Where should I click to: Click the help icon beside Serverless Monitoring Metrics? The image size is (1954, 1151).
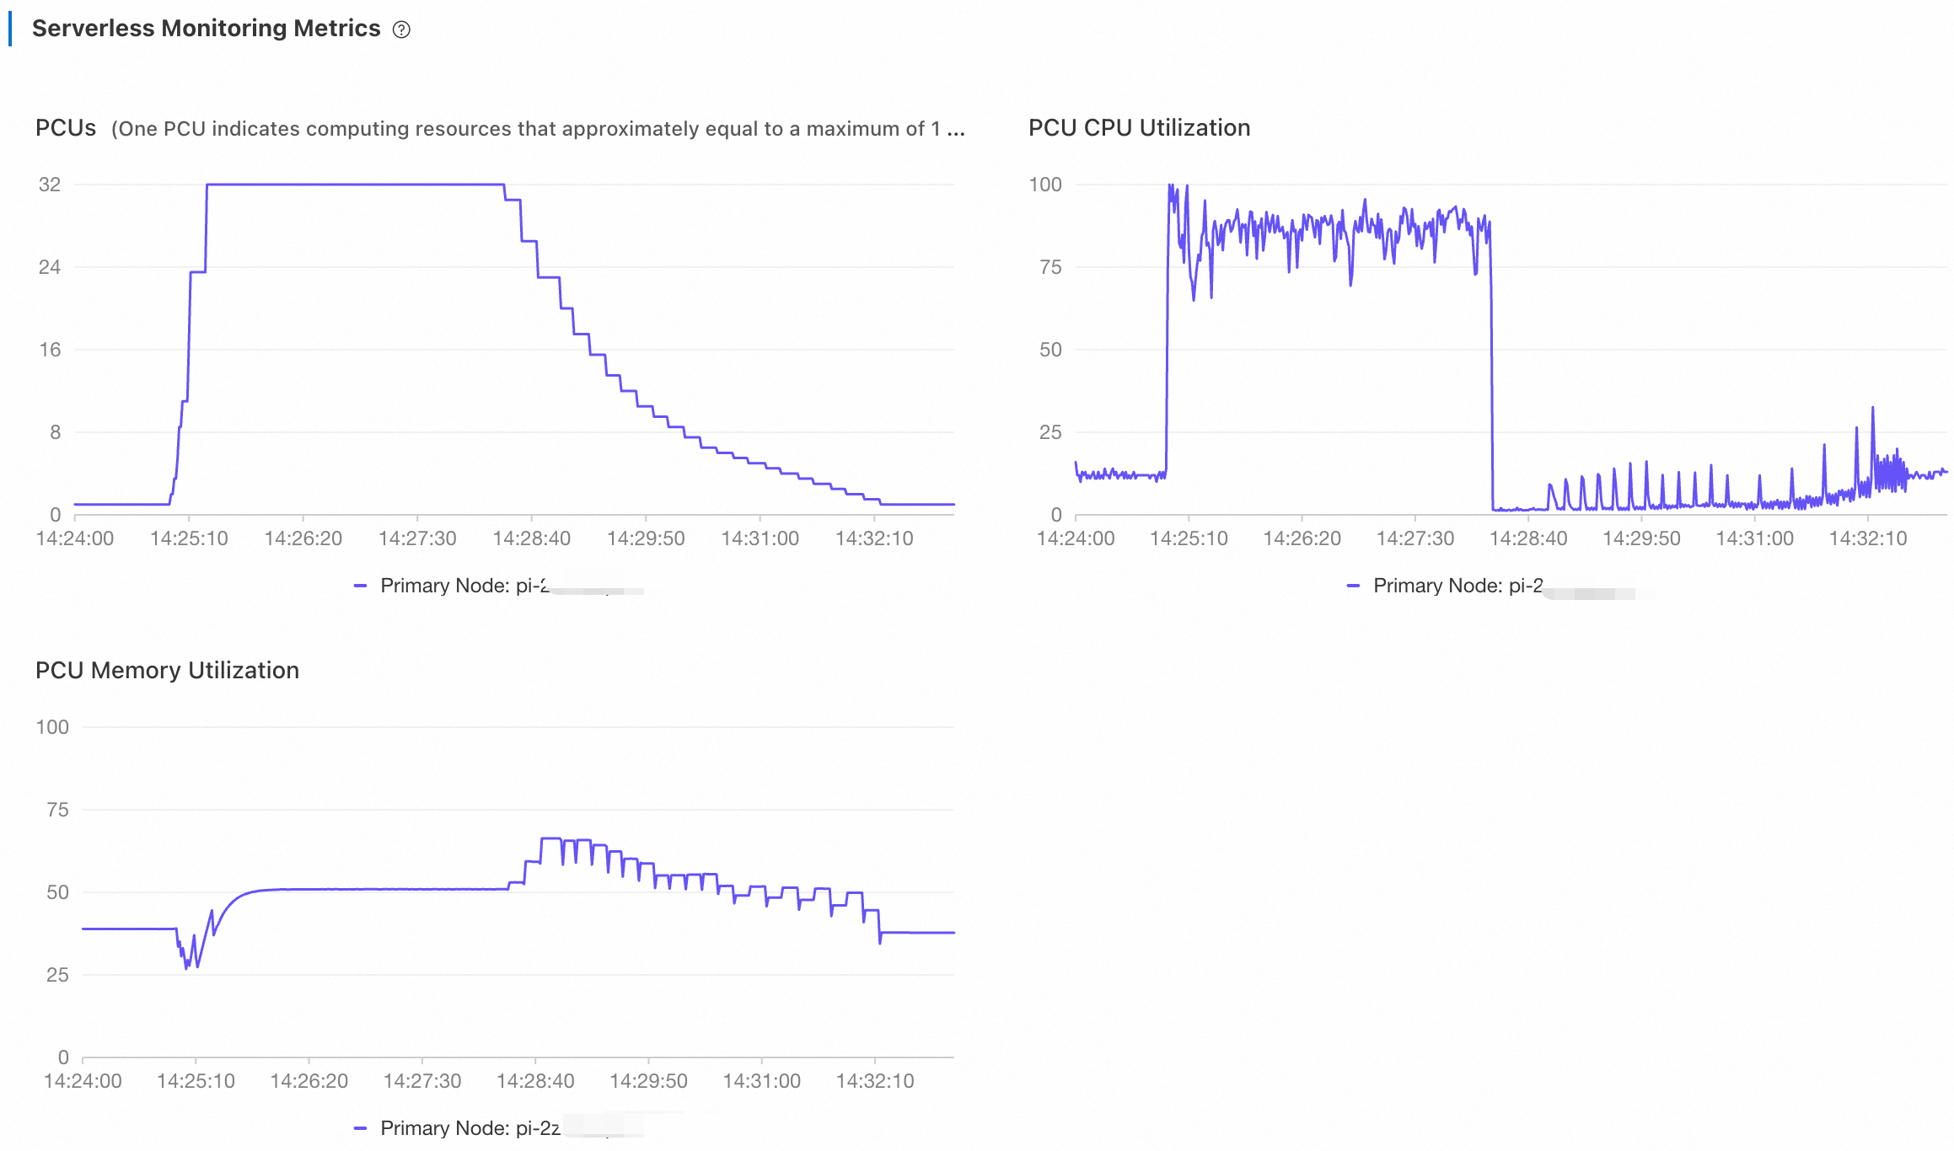402,29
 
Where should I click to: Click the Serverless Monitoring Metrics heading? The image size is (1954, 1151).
206,29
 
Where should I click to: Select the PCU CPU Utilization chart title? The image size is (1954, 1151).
1139,128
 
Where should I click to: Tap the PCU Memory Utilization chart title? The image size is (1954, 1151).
167,671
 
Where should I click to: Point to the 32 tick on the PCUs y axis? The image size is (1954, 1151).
50,185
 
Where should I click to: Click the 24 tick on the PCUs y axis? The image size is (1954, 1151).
50,267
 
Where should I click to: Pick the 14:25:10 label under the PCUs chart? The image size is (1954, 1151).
189,539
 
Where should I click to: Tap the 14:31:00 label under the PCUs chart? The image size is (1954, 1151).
760,539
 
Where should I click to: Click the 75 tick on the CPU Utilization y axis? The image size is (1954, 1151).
1050,267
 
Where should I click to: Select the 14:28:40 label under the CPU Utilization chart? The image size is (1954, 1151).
1528,539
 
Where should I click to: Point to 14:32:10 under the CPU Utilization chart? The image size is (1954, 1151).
1867,539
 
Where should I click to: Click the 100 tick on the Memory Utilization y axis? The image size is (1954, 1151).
52,727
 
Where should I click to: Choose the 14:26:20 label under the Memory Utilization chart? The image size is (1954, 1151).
309,1082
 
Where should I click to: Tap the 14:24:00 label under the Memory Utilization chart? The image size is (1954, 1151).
83,1082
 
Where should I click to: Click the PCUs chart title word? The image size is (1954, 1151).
66,128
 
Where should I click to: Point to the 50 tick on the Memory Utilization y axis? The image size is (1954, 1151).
57,892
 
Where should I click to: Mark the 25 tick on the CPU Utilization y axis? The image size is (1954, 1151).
1050,432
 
